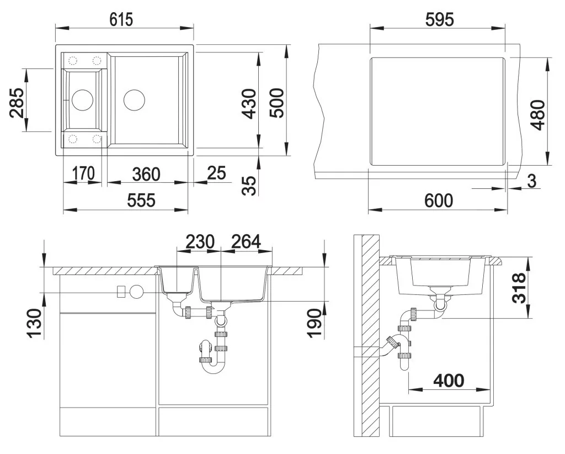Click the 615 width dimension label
[x=121, y=19]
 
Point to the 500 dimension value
[x=277, y=103]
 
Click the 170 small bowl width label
[x=83, y=173]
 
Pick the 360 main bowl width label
[x=146, y=175]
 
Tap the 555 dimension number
[x=141, y=200]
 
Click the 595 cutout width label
[x=439, y=19]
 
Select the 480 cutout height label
[x=539, y=115]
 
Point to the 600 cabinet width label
[x=439, y=200]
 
